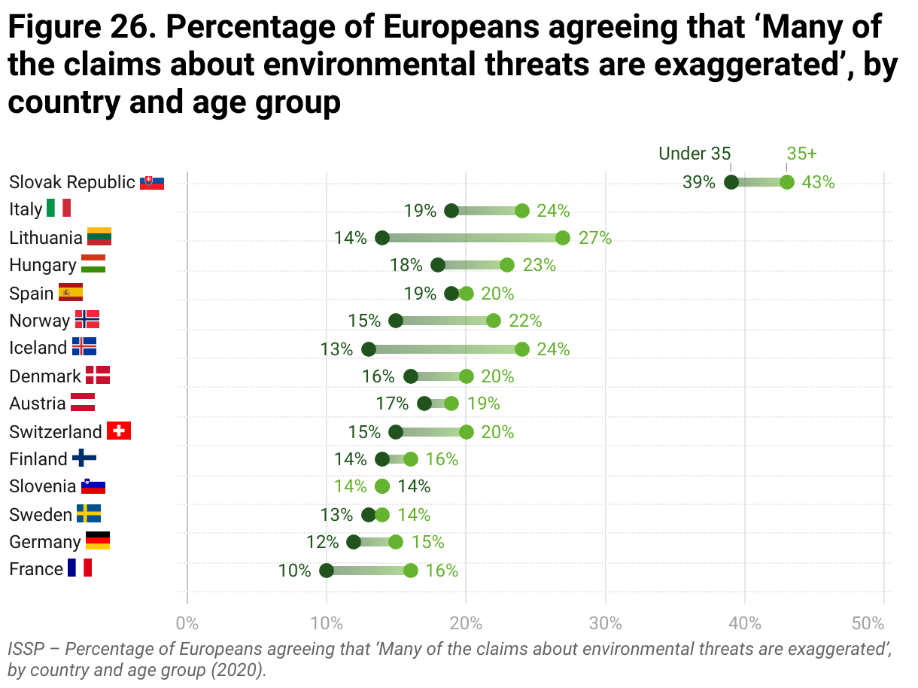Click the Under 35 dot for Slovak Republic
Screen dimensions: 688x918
point(731,182)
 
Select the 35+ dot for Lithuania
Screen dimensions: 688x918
point(563,238)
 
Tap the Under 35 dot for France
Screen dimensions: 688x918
point(327,571)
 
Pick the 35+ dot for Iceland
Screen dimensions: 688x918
point(522,349)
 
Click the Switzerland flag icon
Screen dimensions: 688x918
point(119,431)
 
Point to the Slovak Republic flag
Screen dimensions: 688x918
point(152,182)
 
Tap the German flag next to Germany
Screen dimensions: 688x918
point(98,541)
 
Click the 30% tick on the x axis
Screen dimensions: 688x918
point(606,623)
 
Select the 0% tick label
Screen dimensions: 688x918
point(187,623)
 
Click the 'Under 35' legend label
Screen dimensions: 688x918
point(695,154)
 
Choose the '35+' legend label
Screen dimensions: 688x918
point(801,154)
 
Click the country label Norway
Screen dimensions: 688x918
point(39,321)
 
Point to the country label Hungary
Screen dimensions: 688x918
point(43,265)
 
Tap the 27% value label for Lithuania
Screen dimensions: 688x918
point(595,238)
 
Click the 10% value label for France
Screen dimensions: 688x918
point(295,571)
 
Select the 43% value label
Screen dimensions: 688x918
point(819,182)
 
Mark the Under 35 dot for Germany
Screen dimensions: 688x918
point(354,542)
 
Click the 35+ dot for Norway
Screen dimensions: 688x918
point(494,321)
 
